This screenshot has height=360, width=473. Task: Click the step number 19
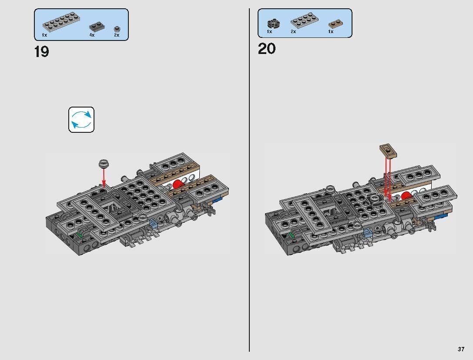[41, 52]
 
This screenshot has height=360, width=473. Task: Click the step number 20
[267, 49]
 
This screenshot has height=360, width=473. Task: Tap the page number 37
[461, 349]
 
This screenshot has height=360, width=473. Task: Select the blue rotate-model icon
[81, 120]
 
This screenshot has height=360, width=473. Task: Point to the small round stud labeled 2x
[117, 29]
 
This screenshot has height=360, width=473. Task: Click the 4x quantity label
[92, 35]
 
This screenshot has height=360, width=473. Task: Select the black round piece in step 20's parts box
[273, 24]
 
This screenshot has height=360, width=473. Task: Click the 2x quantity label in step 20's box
[293, 32]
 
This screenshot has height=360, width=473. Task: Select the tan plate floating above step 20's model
[388, 150]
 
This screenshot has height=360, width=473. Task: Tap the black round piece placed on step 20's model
[375, 200]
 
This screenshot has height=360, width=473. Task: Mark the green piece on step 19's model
[80, 236]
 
